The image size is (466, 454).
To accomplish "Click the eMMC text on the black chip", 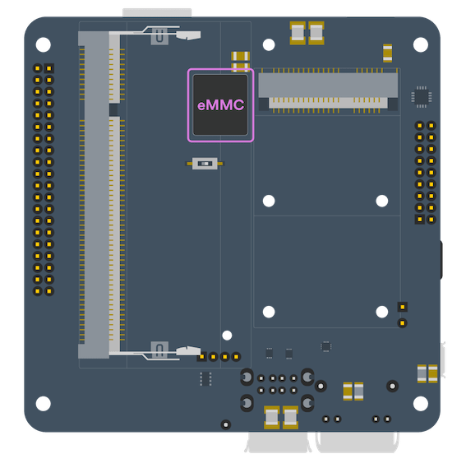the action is [220, 105].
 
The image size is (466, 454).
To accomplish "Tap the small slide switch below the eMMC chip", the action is [205, 164].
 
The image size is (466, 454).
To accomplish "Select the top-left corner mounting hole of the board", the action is [43, 44].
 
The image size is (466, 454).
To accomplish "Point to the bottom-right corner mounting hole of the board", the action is [421, 404].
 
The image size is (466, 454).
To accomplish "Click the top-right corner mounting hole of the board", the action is [421, 44].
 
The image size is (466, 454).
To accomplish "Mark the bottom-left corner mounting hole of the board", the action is [43, 404].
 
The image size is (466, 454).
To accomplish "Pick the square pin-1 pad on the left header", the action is [49, 69].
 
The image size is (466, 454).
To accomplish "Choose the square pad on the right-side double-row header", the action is [419, 220].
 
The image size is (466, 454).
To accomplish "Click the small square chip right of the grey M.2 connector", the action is [422, 96].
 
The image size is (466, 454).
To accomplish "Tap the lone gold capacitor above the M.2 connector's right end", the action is [387, 53].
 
